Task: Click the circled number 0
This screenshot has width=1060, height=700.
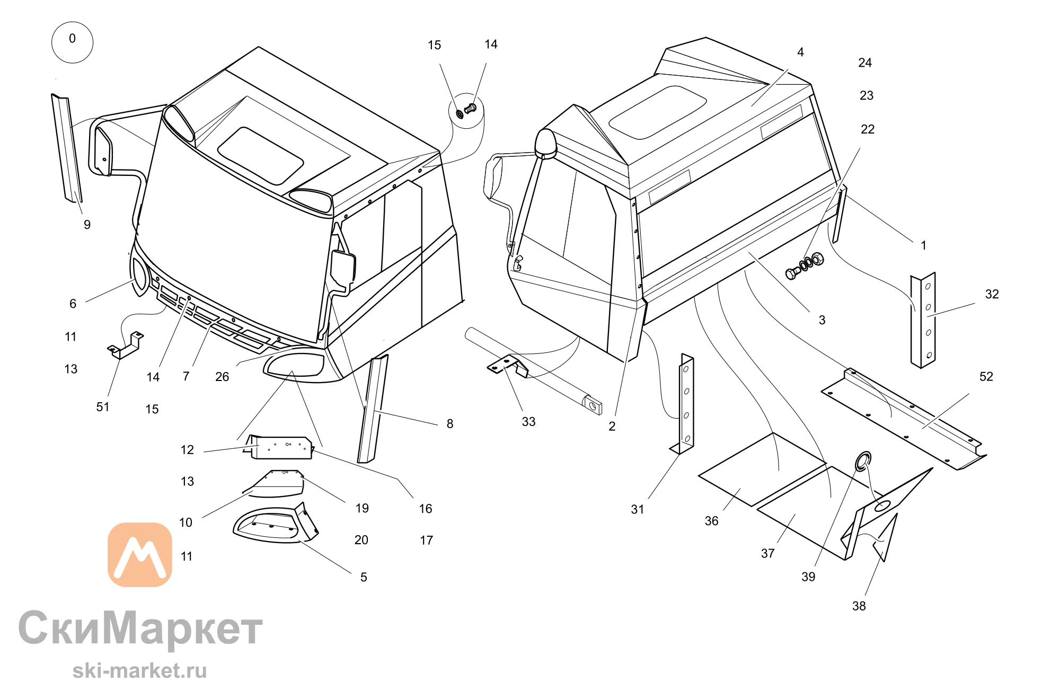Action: pos(72,42)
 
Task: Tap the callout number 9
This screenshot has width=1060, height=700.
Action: pos(87,225)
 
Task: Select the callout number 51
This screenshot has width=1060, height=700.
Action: pos(103,407)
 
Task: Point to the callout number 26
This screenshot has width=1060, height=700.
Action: pos(222,377)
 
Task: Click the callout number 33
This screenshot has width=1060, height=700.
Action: pos(528,422)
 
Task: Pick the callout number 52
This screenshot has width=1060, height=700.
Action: pos(986,377)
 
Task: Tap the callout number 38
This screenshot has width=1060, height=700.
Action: pos(859,606)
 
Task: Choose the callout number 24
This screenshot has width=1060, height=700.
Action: pos(865,63)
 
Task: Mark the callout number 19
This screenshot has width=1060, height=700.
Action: pos(362,509)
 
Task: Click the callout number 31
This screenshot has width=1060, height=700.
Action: pos(637,510)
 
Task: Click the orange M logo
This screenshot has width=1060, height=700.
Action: pos(140,555)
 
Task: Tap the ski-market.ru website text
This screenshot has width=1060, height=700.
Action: pos(139,671)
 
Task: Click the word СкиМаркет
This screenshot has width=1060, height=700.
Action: pos(140,628)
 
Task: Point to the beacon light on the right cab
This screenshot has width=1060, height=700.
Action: pos(545,144)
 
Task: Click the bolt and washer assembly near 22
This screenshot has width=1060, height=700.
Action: pos(805,265)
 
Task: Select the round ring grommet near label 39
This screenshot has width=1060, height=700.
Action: pos(863,460)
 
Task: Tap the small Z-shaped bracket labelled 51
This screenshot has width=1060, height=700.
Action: pos(126,345)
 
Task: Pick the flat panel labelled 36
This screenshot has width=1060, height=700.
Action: pos(762,469)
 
